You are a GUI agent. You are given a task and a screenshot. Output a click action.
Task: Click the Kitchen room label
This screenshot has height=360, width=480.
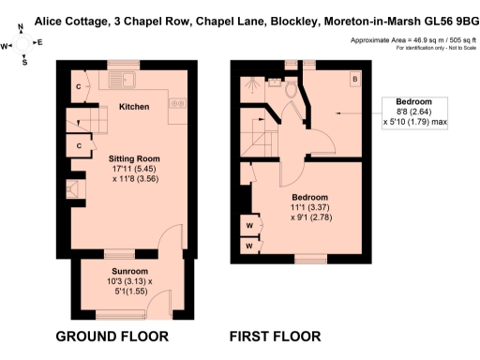click(134, 107)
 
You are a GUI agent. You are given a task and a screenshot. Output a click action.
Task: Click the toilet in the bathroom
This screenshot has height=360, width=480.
click(291, 90)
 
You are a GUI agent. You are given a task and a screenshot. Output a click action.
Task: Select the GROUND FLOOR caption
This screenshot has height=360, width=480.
click(112, 336)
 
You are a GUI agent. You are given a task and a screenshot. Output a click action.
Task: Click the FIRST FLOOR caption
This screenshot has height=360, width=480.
click(276, 336)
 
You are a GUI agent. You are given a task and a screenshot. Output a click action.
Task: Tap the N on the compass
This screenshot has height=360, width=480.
click(20, 27)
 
